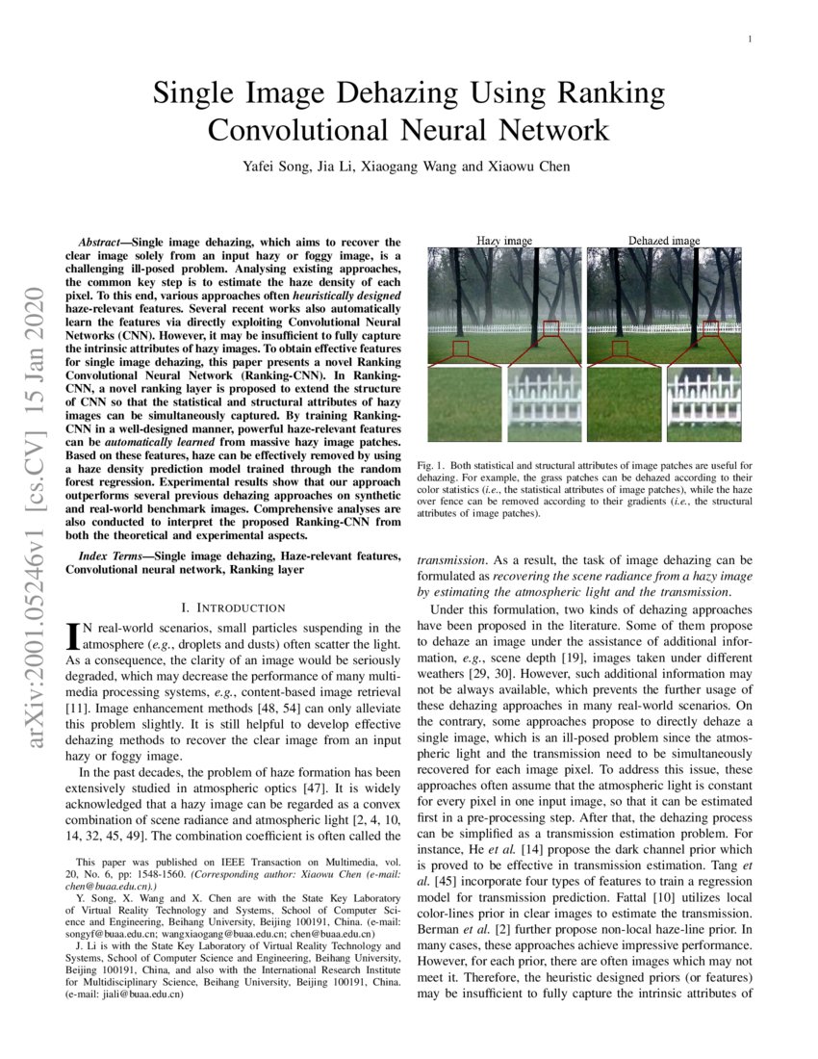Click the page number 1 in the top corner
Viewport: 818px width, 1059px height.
tap(749, 39)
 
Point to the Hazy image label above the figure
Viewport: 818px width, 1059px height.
tap(504, 240)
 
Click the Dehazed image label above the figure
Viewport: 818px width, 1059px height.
tap(664, 240)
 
